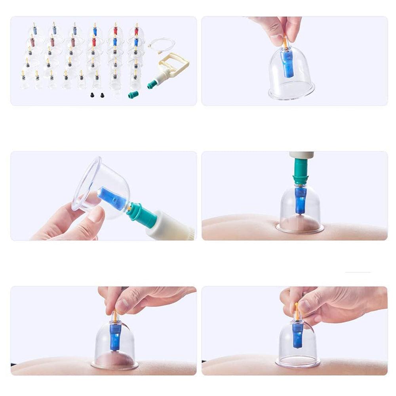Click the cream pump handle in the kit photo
click(x=174, y=64)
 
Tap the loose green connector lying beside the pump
click(x=134, y=94)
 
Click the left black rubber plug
click(x=92, y=95)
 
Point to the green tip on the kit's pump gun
click(x=152, y=84)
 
